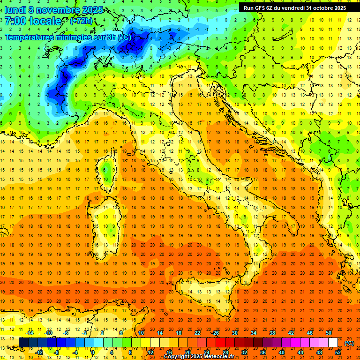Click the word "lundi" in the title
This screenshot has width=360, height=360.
[x=16, y=9]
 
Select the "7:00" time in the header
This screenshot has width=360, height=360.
[x=15, y=21]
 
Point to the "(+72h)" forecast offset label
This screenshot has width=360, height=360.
[x=81, y=21]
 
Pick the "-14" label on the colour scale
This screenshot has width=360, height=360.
[x=29, y=333]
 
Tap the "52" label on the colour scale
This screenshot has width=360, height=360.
[x=338, y=352]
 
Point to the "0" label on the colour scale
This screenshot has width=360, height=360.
[x=93, y=352]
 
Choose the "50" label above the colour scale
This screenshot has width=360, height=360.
[x=328, y=333]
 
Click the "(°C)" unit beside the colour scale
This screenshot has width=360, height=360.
[x=349, y=343]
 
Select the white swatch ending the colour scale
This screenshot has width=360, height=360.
[x=333, y=343]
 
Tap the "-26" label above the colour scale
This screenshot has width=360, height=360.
[x=216, y=333]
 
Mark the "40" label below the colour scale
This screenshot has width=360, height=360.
[x=281, y=352]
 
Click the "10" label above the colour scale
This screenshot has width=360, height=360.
[x=141, y=333]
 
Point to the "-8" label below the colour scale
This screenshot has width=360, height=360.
[x=57, y=352]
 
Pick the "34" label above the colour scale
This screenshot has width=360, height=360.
[x=253, y=333]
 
